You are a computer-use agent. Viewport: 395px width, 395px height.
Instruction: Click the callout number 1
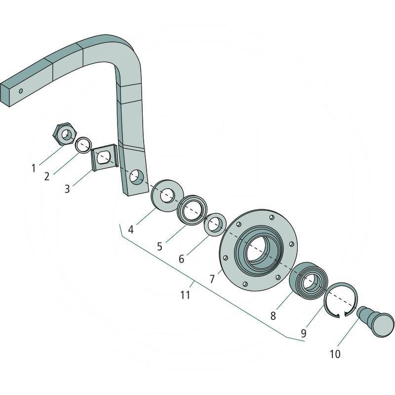[34, 168]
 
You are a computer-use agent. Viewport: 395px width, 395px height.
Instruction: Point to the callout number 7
[212, 279]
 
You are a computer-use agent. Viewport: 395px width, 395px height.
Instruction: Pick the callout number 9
[303, 333]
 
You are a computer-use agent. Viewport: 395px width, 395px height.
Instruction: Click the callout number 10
[335, 354]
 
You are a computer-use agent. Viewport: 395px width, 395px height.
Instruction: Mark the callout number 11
[185, 295]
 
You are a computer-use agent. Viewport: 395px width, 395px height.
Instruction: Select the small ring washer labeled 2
[83, 145]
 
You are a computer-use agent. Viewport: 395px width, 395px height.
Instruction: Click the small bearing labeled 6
[215, 225]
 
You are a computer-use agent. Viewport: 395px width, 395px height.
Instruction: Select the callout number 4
[130, 230]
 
